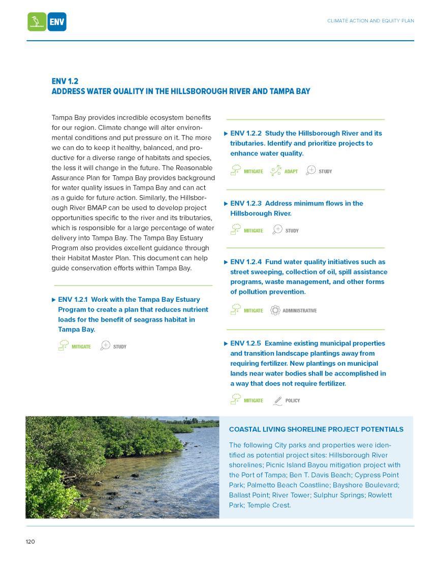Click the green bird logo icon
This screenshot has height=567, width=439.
pos(37,22)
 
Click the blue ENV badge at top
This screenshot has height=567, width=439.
pos(57,22)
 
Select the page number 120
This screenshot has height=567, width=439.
pos(30,542)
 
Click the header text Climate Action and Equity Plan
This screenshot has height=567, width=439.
pos(370,21)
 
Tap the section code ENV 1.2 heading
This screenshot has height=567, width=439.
pos(65,81)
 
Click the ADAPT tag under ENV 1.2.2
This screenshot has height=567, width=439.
pos(291,172)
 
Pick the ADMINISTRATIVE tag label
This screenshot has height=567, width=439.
pos(299,311)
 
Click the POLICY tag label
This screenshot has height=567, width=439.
pos(293,401)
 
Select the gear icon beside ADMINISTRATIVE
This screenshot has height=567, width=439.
pos(275,310)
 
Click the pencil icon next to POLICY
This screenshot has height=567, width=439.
pos(277,401)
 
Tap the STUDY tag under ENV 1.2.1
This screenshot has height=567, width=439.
pos(120,347)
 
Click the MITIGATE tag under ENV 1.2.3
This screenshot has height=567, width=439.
pos(253,231)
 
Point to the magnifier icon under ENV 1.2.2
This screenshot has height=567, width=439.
pos(311,171)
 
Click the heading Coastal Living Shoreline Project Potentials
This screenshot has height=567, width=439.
pos(316,429)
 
